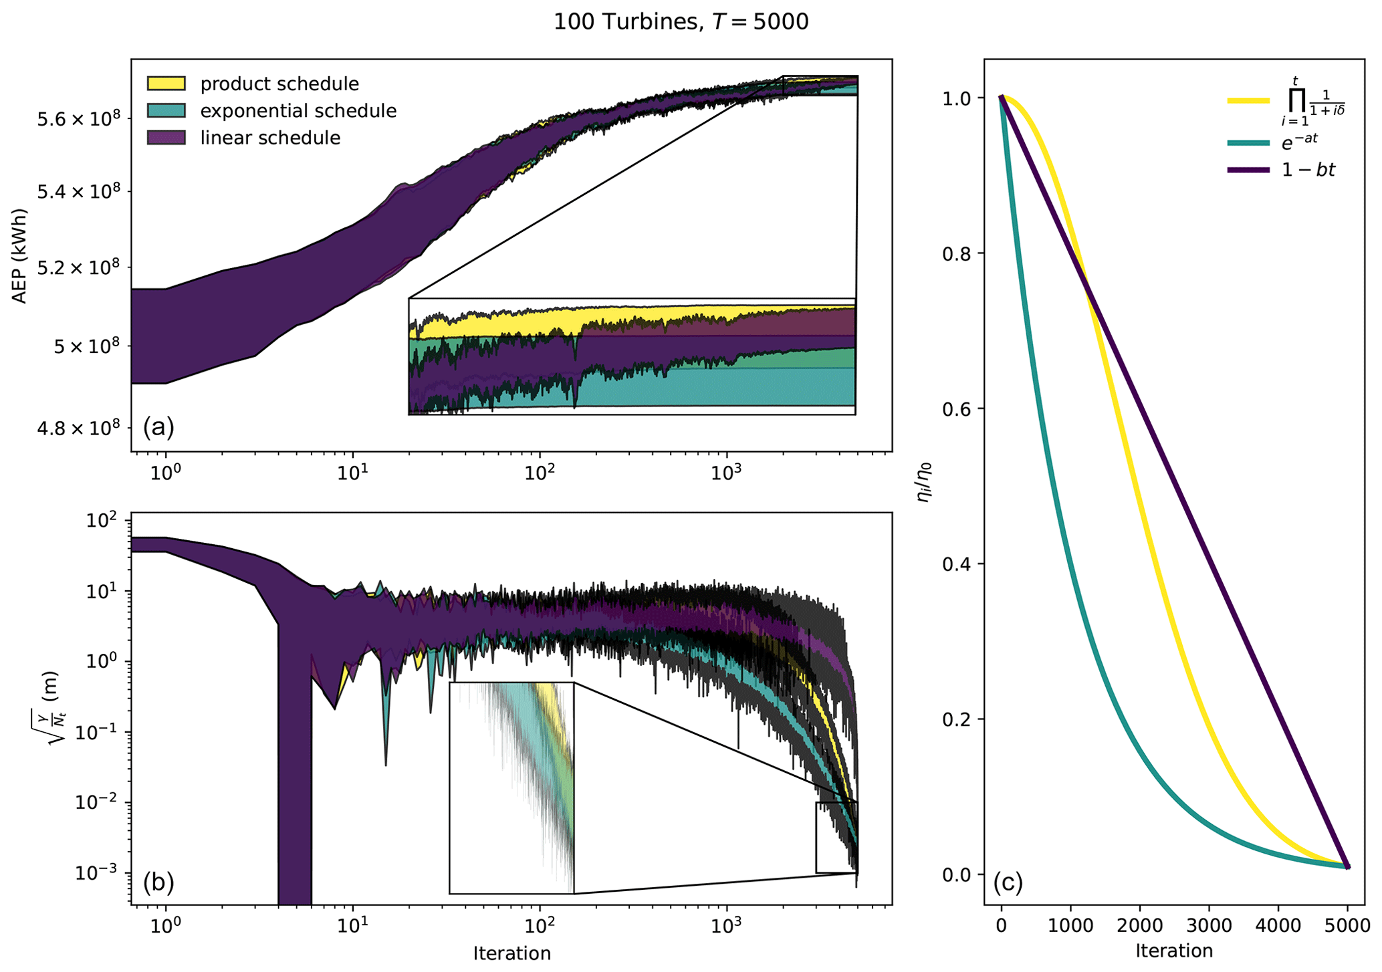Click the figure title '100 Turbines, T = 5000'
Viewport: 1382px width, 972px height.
[681, 22]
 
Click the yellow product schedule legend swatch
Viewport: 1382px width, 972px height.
[166, 84]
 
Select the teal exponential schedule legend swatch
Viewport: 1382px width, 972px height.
[166, 111]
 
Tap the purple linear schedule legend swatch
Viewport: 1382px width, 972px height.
[166, 138]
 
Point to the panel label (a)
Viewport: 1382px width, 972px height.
[158, 426]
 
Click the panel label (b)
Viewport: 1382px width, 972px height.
[158, 882]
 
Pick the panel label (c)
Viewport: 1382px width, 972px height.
[1008, 882]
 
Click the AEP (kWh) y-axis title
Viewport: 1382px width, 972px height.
[20, 257]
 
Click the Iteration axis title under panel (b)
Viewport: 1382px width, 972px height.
[511, 953]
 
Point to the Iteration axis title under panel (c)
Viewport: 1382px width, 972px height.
[1173, 951]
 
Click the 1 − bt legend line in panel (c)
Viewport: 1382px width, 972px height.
[1248, 170]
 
